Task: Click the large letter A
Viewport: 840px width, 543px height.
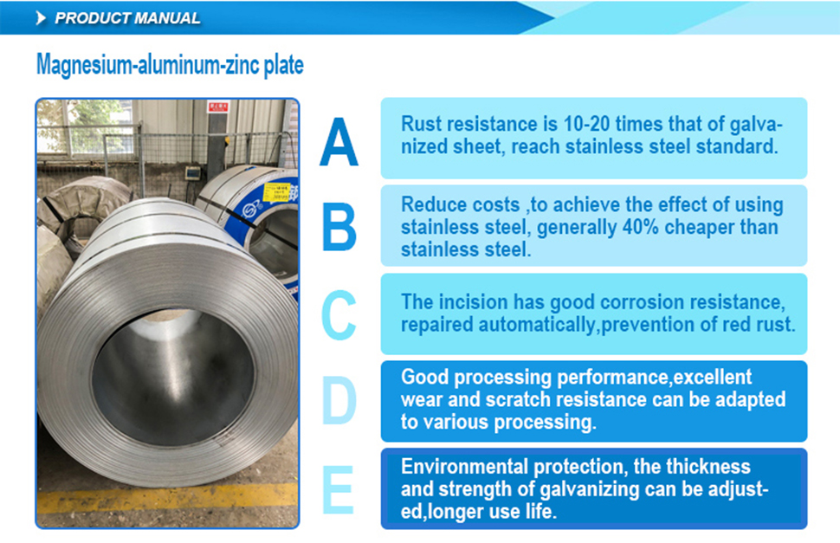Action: click(x=339, y=142)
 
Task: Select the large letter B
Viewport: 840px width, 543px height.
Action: click(x=339, y=227)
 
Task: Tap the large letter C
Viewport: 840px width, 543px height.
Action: click(x=339, y=315)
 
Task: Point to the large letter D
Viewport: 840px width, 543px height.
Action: click(x=339, y=400)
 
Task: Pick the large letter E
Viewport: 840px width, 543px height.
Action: click(x=338, y=489)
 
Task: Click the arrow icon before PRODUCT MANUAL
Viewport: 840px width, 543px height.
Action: click(x=41, y=18)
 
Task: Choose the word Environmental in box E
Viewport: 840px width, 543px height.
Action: click(x=464, y=467)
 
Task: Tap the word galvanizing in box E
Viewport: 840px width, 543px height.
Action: click(x=589, y=489)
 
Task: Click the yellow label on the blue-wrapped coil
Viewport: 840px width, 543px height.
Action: click(x=277, y=193)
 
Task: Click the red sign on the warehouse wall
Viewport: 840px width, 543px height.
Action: click(x=218, y=107)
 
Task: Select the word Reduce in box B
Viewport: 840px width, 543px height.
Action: click(x=434, y=204)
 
